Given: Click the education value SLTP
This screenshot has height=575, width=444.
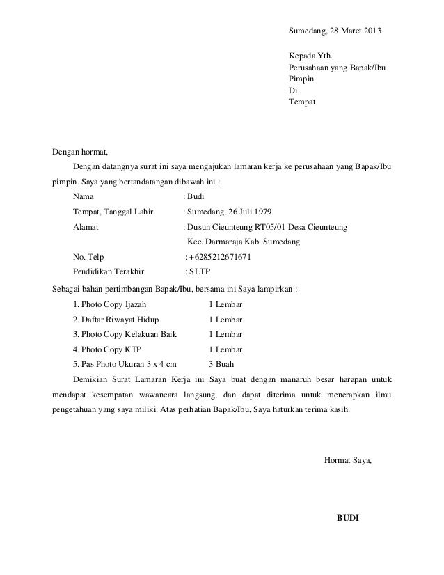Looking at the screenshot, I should (x=201, y=272).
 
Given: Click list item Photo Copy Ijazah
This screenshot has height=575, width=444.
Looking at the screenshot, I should (x=110, y=304).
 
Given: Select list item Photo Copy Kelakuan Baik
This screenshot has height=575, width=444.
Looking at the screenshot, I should (x=124, y=334).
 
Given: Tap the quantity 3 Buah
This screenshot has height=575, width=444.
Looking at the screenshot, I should (x=221, y=364).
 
